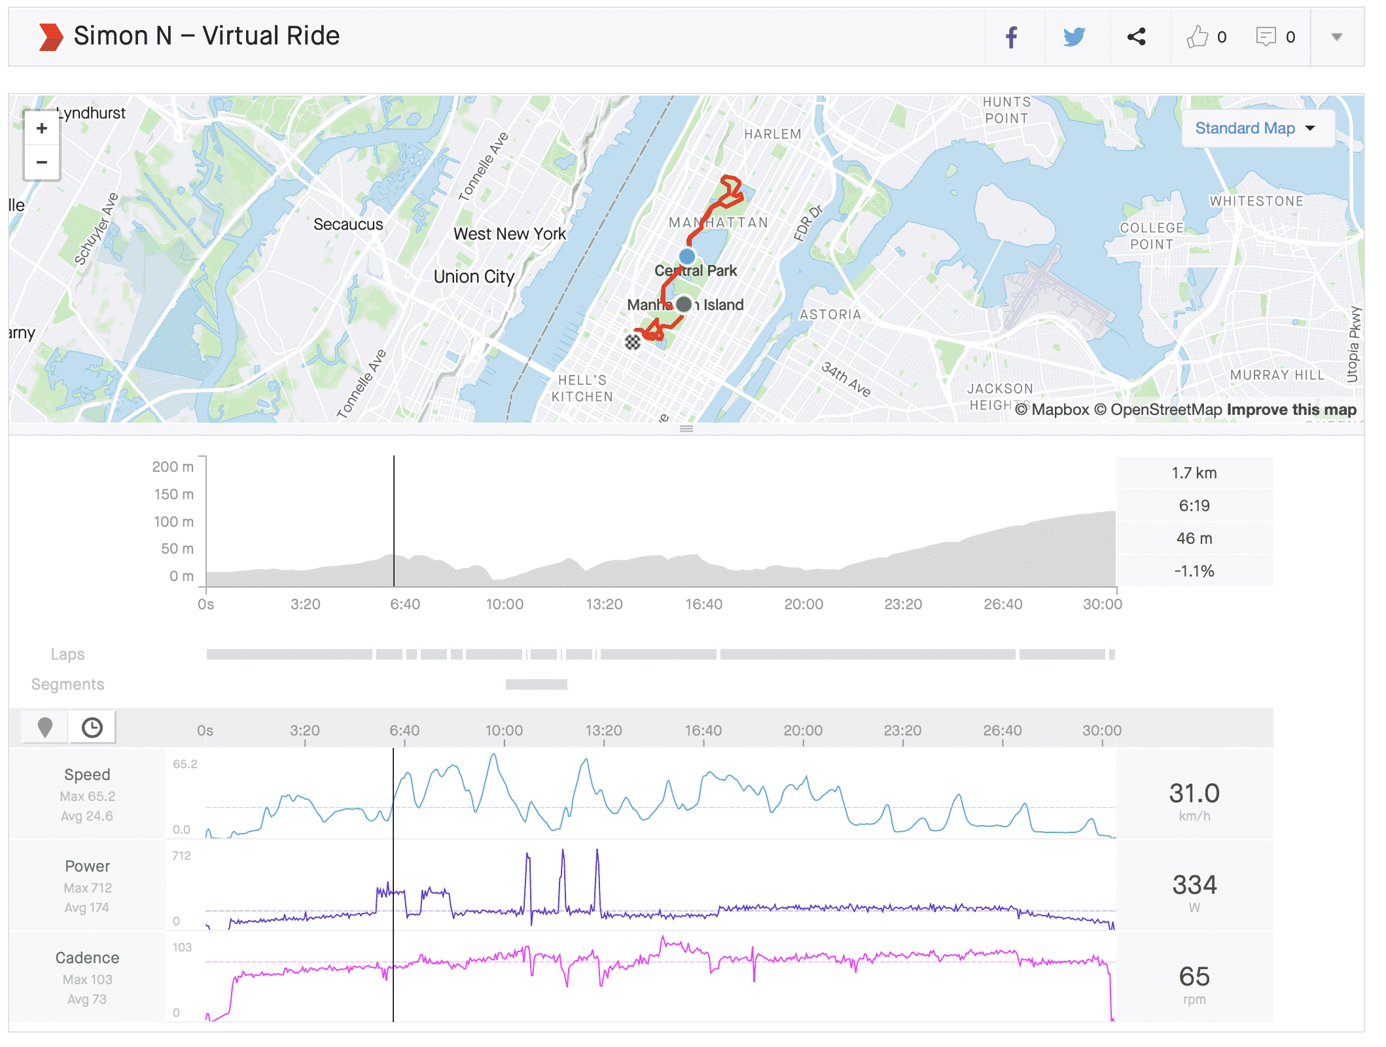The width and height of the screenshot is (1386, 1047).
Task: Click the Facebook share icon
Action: pyautogui.click(x=1012, y=37)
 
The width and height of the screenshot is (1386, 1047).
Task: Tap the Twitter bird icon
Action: pyautogui.click(x=1074, y=37)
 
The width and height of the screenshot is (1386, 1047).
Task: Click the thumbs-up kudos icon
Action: pyautogui.click(x=1197, y=37)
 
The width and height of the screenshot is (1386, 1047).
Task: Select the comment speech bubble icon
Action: pyautogui.click(x=1266, y=37)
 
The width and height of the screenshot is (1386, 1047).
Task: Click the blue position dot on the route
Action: pyautogui.click(x=687, y=256)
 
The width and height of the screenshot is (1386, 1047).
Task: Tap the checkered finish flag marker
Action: pyautogui.click(x=632, y=342)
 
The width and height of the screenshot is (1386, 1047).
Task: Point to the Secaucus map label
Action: pyautogui.click(x=348, y=224)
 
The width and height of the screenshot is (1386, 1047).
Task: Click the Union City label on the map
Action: pyautogui.click(x=474, y=277)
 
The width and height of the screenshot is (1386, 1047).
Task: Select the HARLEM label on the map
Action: pyautogui.click(x=772, y=134)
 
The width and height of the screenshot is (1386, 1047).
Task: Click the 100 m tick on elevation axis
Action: pyautogui.click(x=173, y=522)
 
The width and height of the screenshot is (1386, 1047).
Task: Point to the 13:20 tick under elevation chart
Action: pyautogui.click(x=604, y=604)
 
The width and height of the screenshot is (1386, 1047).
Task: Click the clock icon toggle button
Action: pyautogui.click(x=92, y=728)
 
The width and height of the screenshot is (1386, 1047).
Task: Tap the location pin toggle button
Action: pyautogui.click(x=45, y=728)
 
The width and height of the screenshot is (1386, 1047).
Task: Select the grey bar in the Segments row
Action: pyautogui.click(x=537, y=684)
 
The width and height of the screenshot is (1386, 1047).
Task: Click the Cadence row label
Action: pyautogui.click(x=87, y=958)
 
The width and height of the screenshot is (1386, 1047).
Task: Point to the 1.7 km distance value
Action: pyautogui.click(x=1194, y=473)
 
